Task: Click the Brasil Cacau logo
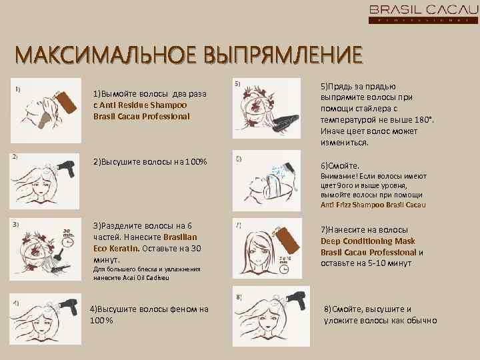pyautogui.click(x=423, y=13)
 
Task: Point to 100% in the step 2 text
pyautogui.click(x=195, y=162)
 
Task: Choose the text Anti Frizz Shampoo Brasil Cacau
pyautogui.click(x=373, y=205)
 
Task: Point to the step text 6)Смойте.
pyautogui.click(x=341, y=165)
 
